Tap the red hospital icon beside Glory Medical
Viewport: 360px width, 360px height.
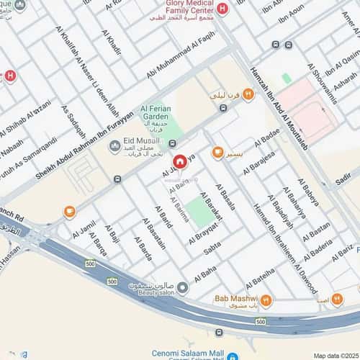[222, 9]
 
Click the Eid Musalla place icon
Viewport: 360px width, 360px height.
[114, 146]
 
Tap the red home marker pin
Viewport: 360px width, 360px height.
[180, 163]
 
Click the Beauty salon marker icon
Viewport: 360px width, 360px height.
[183, 288]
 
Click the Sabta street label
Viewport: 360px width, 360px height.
[212, 248]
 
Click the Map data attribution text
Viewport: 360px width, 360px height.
[334, 355]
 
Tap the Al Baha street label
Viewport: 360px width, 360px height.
[205, 274]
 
